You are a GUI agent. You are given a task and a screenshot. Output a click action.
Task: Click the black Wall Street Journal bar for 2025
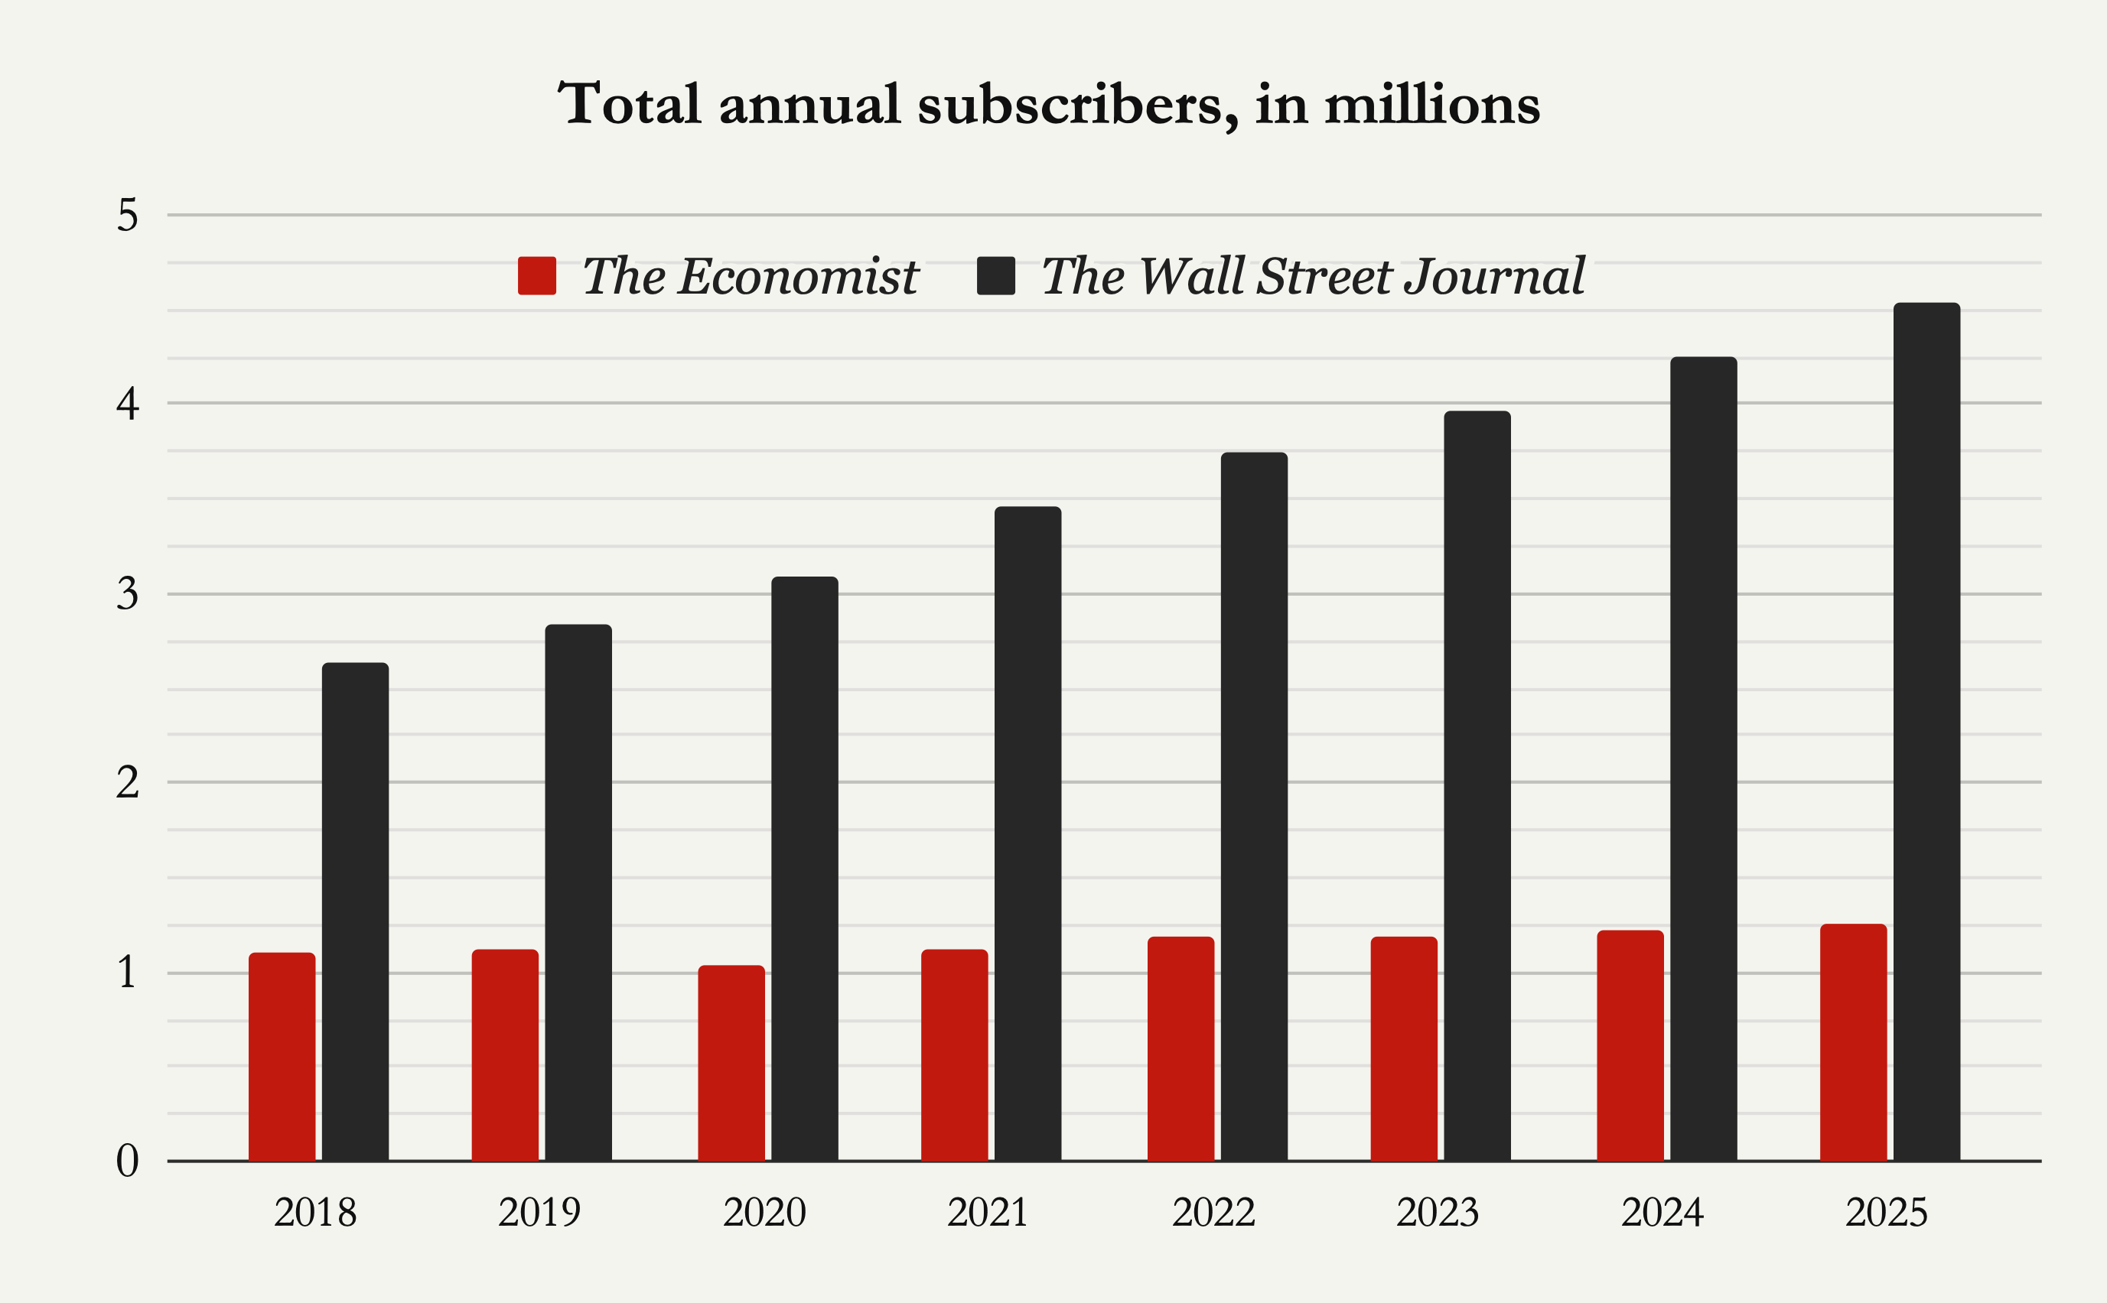click(x=1926, y=733)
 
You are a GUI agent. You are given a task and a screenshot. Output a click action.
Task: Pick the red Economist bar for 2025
click(x=1853, y=1042)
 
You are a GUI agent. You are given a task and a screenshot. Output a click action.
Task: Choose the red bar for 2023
click(x=1403, y=1049)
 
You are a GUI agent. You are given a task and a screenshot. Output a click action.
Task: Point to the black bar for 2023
click(x=1477, y=786)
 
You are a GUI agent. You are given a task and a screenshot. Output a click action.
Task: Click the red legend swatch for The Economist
click(x=536, y=276)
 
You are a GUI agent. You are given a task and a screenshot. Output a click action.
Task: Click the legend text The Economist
click(x=750, y=277)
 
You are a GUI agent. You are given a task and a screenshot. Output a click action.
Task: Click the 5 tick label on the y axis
click(x=128, y=216)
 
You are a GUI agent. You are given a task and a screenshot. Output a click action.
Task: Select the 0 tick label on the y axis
click(x=128, y=1161)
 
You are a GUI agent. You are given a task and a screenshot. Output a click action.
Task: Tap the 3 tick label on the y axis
click(x=128, y=593)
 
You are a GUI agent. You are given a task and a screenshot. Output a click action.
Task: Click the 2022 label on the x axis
click(x=1213, y=1213)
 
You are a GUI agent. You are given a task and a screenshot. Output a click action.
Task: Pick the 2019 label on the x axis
click(x=539, y=1213)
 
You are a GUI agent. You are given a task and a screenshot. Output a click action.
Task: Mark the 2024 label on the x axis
click(x=1662, y=1213)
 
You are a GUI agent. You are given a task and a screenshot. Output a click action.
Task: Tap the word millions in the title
click(x=1431, y=105)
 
